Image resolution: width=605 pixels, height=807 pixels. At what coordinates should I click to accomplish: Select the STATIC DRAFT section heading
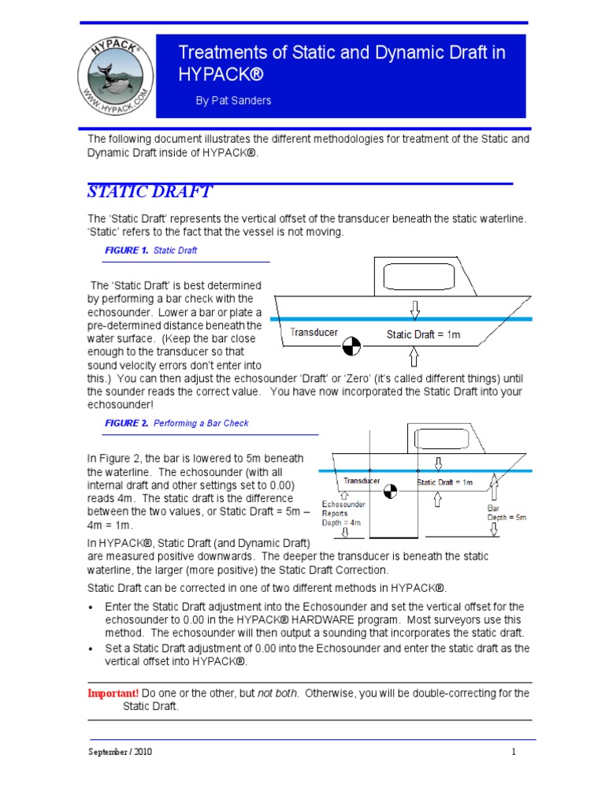(x=149, y=192)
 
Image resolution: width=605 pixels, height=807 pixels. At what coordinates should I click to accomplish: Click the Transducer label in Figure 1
(x=314, y=333)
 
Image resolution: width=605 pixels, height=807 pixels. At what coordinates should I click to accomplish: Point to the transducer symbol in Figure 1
(x=352, y=344)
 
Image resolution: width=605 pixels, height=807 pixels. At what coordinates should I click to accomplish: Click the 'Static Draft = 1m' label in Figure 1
(x=424, y=334)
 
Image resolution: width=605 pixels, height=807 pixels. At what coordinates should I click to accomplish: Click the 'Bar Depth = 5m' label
(x=506, y=513)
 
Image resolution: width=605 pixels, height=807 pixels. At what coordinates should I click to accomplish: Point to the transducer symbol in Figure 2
(x=389, y=492)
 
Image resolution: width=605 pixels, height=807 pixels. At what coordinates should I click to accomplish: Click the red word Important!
(x=113, y=693)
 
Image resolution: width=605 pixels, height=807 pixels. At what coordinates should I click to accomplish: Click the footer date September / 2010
(x=120, y=752)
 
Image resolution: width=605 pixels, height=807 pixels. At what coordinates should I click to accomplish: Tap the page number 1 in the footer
(x=513, y=752)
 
